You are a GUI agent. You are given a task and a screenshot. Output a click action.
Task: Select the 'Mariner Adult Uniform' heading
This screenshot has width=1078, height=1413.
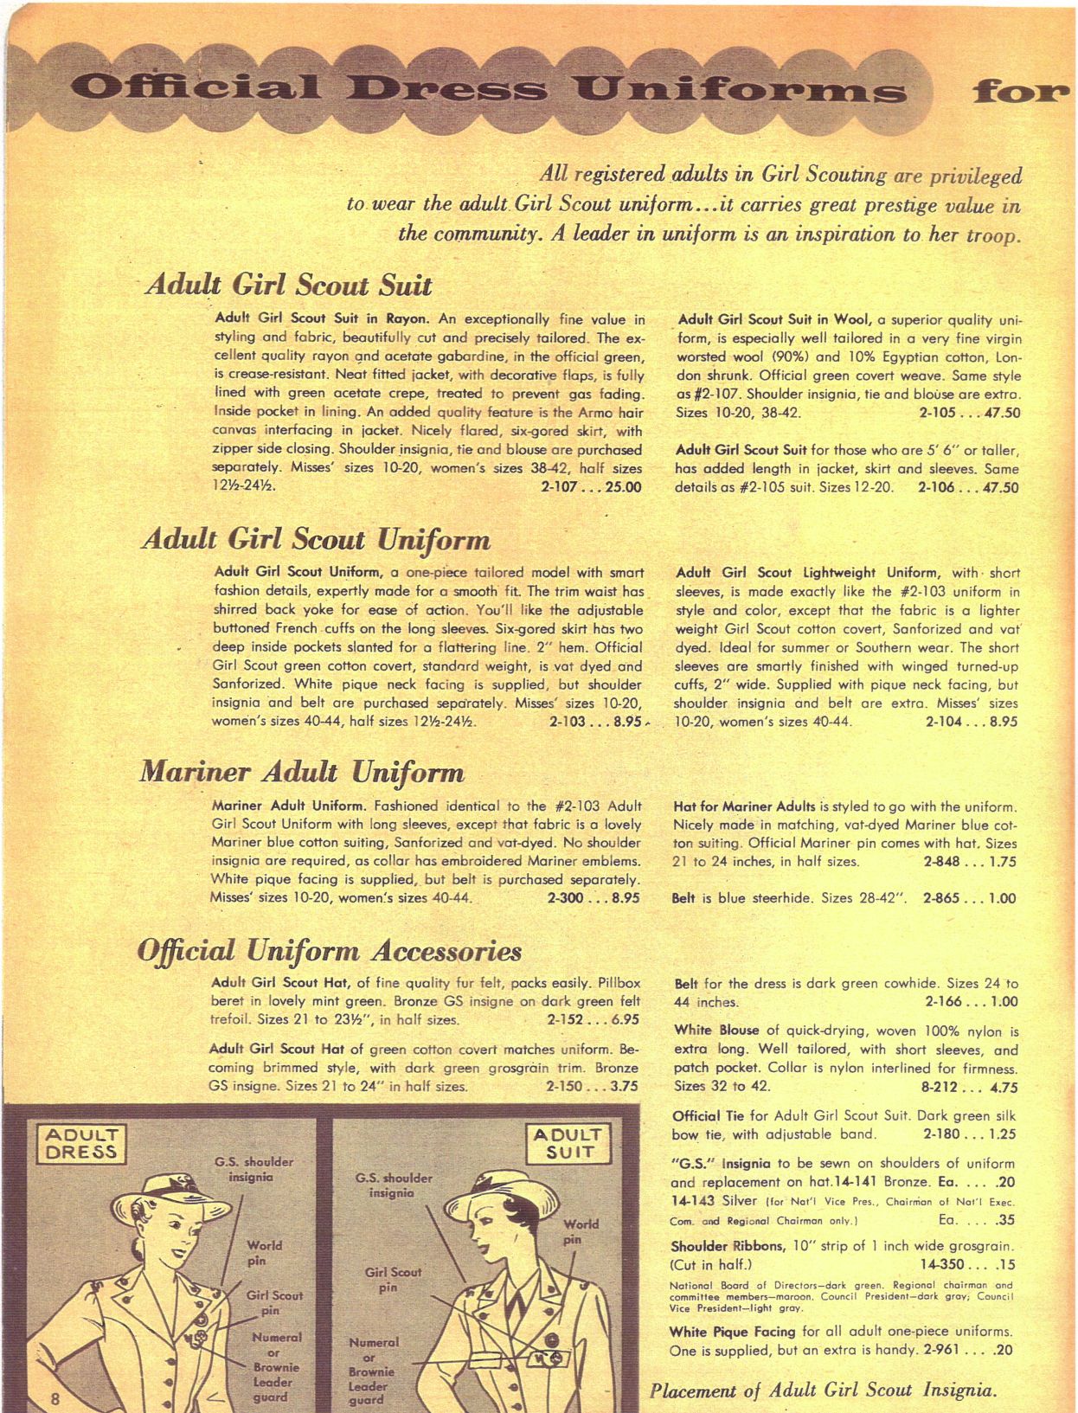302,772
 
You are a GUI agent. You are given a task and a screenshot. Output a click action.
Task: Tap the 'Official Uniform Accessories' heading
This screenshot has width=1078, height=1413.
330,951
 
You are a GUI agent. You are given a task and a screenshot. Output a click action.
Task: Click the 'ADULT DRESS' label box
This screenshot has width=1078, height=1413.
80,1143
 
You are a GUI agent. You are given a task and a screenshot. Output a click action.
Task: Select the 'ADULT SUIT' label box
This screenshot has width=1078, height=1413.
569,1143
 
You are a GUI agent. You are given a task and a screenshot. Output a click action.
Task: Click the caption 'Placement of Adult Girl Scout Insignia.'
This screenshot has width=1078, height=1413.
823,1391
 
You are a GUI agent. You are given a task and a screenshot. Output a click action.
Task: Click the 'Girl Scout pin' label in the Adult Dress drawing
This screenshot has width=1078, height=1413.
274,1302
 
